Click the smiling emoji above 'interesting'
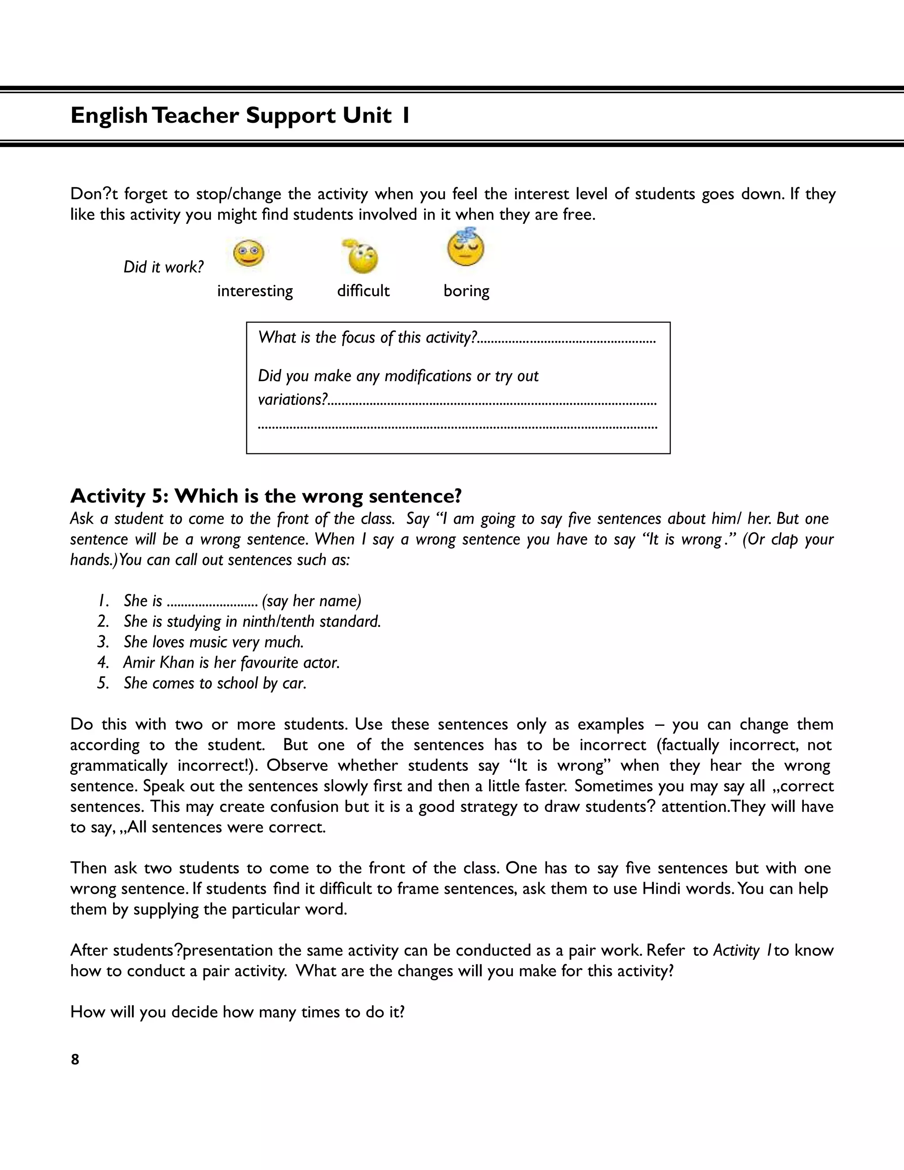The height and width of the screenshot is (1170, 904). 249,253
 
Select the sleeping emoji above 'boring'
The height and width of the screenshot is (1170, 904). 465,248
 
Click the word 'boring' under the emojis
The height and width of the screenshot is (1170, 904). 466,291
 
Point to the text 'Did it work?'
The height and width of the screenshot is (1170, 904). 163,267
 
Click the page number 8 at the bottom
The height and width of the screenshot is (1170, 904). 75,1059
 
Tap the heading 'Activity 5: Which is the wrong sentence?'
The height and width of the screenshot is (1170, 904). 266,496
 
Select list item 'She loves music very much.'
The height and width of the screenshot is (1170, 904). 214,642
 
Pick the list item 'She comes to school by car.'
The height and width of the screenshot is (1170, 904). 215,683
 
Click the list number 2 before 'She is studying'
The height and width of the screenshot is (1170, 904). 103,622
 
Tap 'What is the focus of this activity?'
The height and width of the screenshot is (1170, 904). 367,337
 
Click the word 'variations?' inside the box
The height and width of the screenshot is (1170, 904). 292,400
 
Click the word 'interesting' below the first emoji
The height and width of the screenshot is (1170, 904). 255,291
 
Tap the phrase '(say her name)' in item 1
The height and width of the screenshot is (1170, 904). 312,601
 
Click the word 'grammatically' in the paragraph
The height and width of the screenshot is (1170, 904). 119,766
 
